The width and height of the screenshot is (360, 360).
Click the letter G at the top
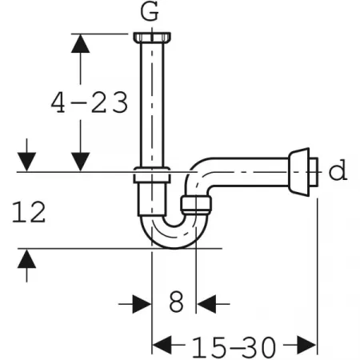(150, 12)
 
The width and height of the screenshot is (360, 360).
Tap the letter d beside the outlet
(338, 170)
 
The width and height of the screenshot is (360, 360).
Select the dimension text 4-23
(90, 102)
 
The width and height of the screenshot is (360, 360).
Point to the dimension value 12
(29, 212)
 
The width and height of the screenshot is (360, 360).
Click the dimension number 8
(176, 302)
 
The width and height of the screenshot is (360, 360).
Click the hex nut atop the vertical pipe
(152, 37)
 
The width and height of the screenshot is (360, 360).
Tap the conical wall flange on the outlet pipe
(299, 172)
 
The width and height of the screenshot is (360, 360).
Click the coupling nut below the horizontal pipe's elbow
(196, 205)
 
